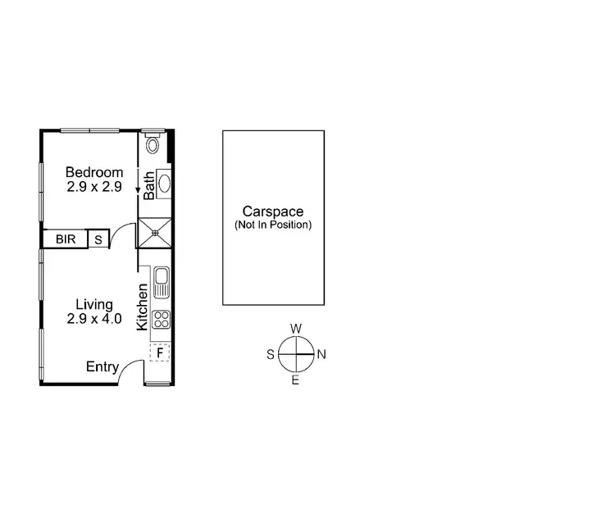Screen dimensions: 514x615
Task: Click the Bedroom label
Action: click(x=94, y=172)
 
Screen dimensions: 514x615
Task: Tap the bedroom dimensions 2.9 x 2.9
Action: click(x=94, y=186)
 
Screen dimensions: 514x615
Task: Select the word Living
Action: click(x=94, y=304)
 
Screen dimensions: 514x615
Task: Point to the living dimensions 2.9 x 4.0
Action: click(x=94, y=318)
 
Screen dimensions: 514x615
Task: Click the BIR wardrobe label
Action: click(x=66, y=239)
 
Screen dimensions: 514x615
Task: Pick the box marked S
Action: click(x=98, y=239)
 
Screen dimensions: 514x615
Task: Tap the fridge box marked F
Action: click(x=161, y=353)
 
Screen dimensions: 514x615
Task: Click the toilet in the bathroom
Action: click(x=153, y=145)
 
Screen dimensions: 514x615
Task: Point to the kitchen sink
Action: click(x=161, y=282)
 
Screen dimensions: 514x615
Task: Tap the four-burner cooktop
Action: click(x=161, y=320)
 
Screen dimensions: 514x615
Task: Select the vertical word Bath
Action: click(x=149, y=185)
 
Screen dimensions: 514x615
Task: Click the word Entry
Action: click(x=102, y=367)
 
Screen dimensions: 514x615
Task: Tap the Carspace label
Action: click(x=273, y=212)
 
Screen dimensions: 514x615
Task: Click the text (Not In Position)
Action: click(x=273, y=225)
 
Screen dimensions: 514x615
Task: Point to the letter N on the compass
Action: click(x=322, y=355)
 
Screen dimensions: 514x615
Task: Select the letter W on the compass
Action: click(x=296, y=329)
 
